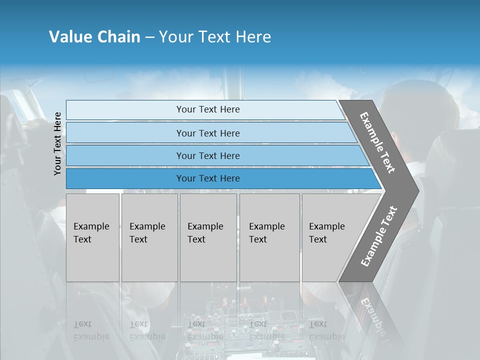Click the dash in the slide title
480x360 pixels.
pyautogui.click(x=149, y=37)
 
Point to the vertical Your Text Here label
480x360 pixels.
pyautogui.click(x=57, y=143)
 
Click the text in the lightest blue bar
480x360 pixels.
pyautogui.click(x=208, y=109)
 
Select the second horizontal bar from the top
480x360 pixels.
pyautogui.click(x=208, y=133)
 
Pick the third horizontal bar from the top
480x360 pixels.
pyautogui.click(x=208, y=155)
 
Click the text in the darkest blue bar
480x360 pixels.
pyautogui.click(x=208, y=178)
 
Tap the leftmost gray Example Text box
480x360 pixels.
pyautogui.click(x=92, y=237)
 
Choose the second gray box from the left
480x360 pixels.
pyautogui.click(x=149, y=237)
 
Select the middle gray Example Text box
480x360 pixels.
pyautogui.click(x=208, y=237)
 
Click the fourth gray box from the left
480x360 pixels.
pyautogui.click(x=269, y=237)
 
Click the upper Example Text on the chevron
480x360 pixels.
pyautogui.click(x=377, y=142)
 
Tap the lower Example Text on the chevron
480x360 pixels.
pyautogui.click(x=378, y=236)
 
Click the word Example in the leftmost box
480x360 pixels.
pyautogui.click(x=91, y=226)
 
